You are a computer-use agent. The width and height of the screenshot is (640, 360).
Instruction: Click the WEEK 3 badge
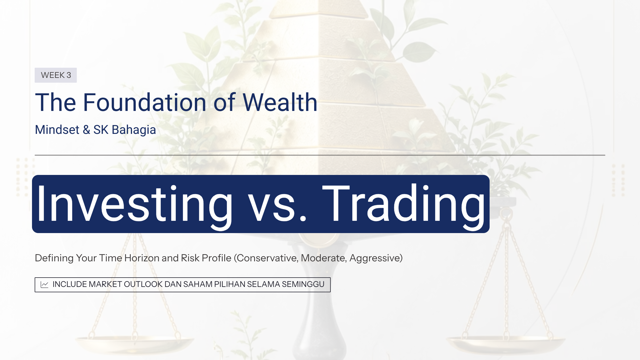click(56, 75)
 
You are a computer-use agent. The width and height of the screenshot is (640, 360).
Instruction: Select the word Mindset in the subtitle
click(57, 130)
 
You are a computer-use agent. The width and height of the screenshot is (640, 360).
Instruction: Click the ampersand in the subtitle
click(86, 130)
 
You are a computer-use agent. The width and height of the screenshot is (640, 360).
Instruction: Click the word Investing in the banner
click(135, 204)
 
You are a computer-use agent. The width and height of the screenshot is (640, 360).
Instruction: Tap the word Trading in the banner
click(404, 204)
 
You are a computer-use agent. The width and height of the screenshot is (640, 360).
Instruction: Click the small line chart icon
click(45, 285)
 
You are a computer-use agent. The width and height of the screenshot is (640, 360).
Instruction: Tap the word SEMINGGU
click(303, 284)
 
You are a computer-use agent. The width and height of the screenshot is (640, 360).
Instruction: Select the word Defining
click(54, 258)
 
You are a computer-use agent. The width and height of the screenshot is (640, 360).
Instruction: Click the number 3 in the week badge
click(69, 75)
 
